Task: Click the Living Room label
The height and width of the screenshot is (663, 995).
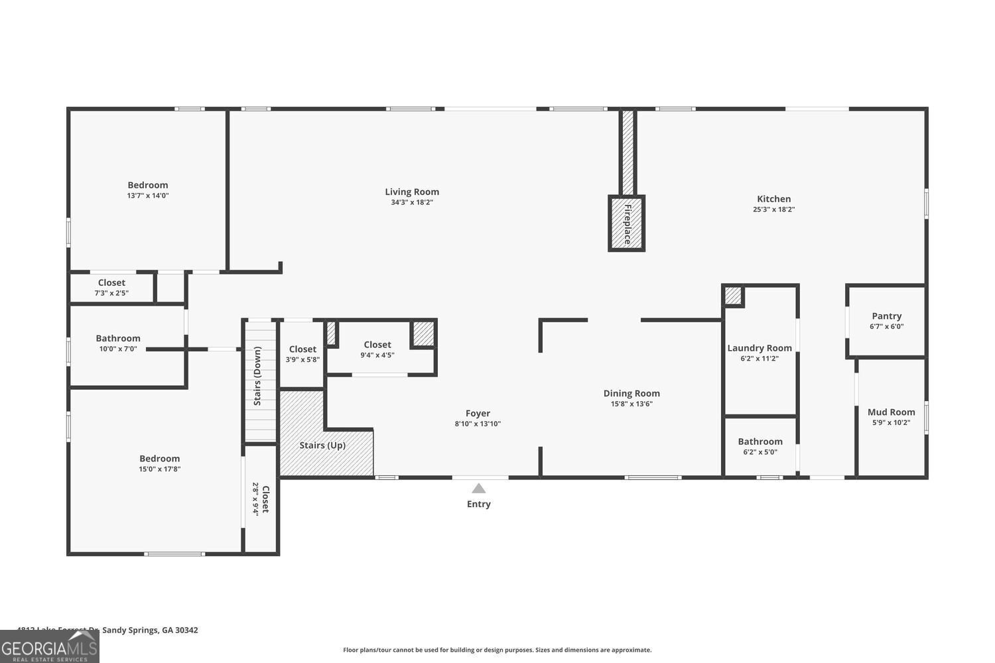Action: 412,192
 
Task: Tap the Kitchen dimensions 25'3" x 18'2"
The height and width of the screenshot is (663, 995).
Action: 773,210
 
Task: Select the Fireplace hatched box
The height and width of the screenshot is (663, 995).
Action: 626,223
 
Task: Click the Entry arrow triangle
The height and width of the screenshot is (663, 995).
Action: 478,489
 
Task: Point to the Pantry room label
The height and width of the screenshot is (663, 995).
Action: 886,316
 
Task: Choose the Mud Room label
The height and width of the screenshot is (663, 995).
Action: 891,412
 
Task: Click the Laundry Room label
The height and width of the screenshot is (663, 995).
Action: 760,348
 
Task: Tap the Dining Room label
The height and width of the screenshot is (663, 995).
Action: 631,393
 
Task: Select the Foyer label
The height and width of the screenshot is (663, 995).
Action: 478,413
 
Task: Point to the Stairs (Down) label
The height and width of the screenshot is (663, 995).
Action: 257,376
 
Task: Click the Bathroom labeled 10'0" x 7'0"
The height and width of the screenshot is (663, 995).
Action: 118,338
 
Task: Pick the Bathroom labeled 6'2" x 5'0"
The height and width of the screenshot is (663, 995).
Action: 760,442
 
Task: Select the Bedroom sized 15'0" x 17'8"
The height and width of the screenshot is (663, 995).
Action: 159,459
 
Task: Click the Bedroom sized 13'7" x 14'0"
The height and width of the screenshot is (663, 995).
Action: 148,185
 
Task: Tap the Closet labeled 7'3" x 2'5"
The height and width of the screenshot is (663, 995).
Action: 111,283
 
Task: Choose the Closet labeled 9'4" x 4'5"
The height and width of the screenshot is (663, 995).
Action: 377,345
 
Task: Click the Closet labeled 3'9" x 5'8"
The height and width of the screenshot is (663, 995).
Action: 302,349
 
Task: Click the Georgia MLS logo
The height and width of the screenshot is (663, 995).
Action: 50,646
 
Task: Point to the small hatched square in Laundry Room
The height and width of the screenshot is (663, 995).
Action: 732,296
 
